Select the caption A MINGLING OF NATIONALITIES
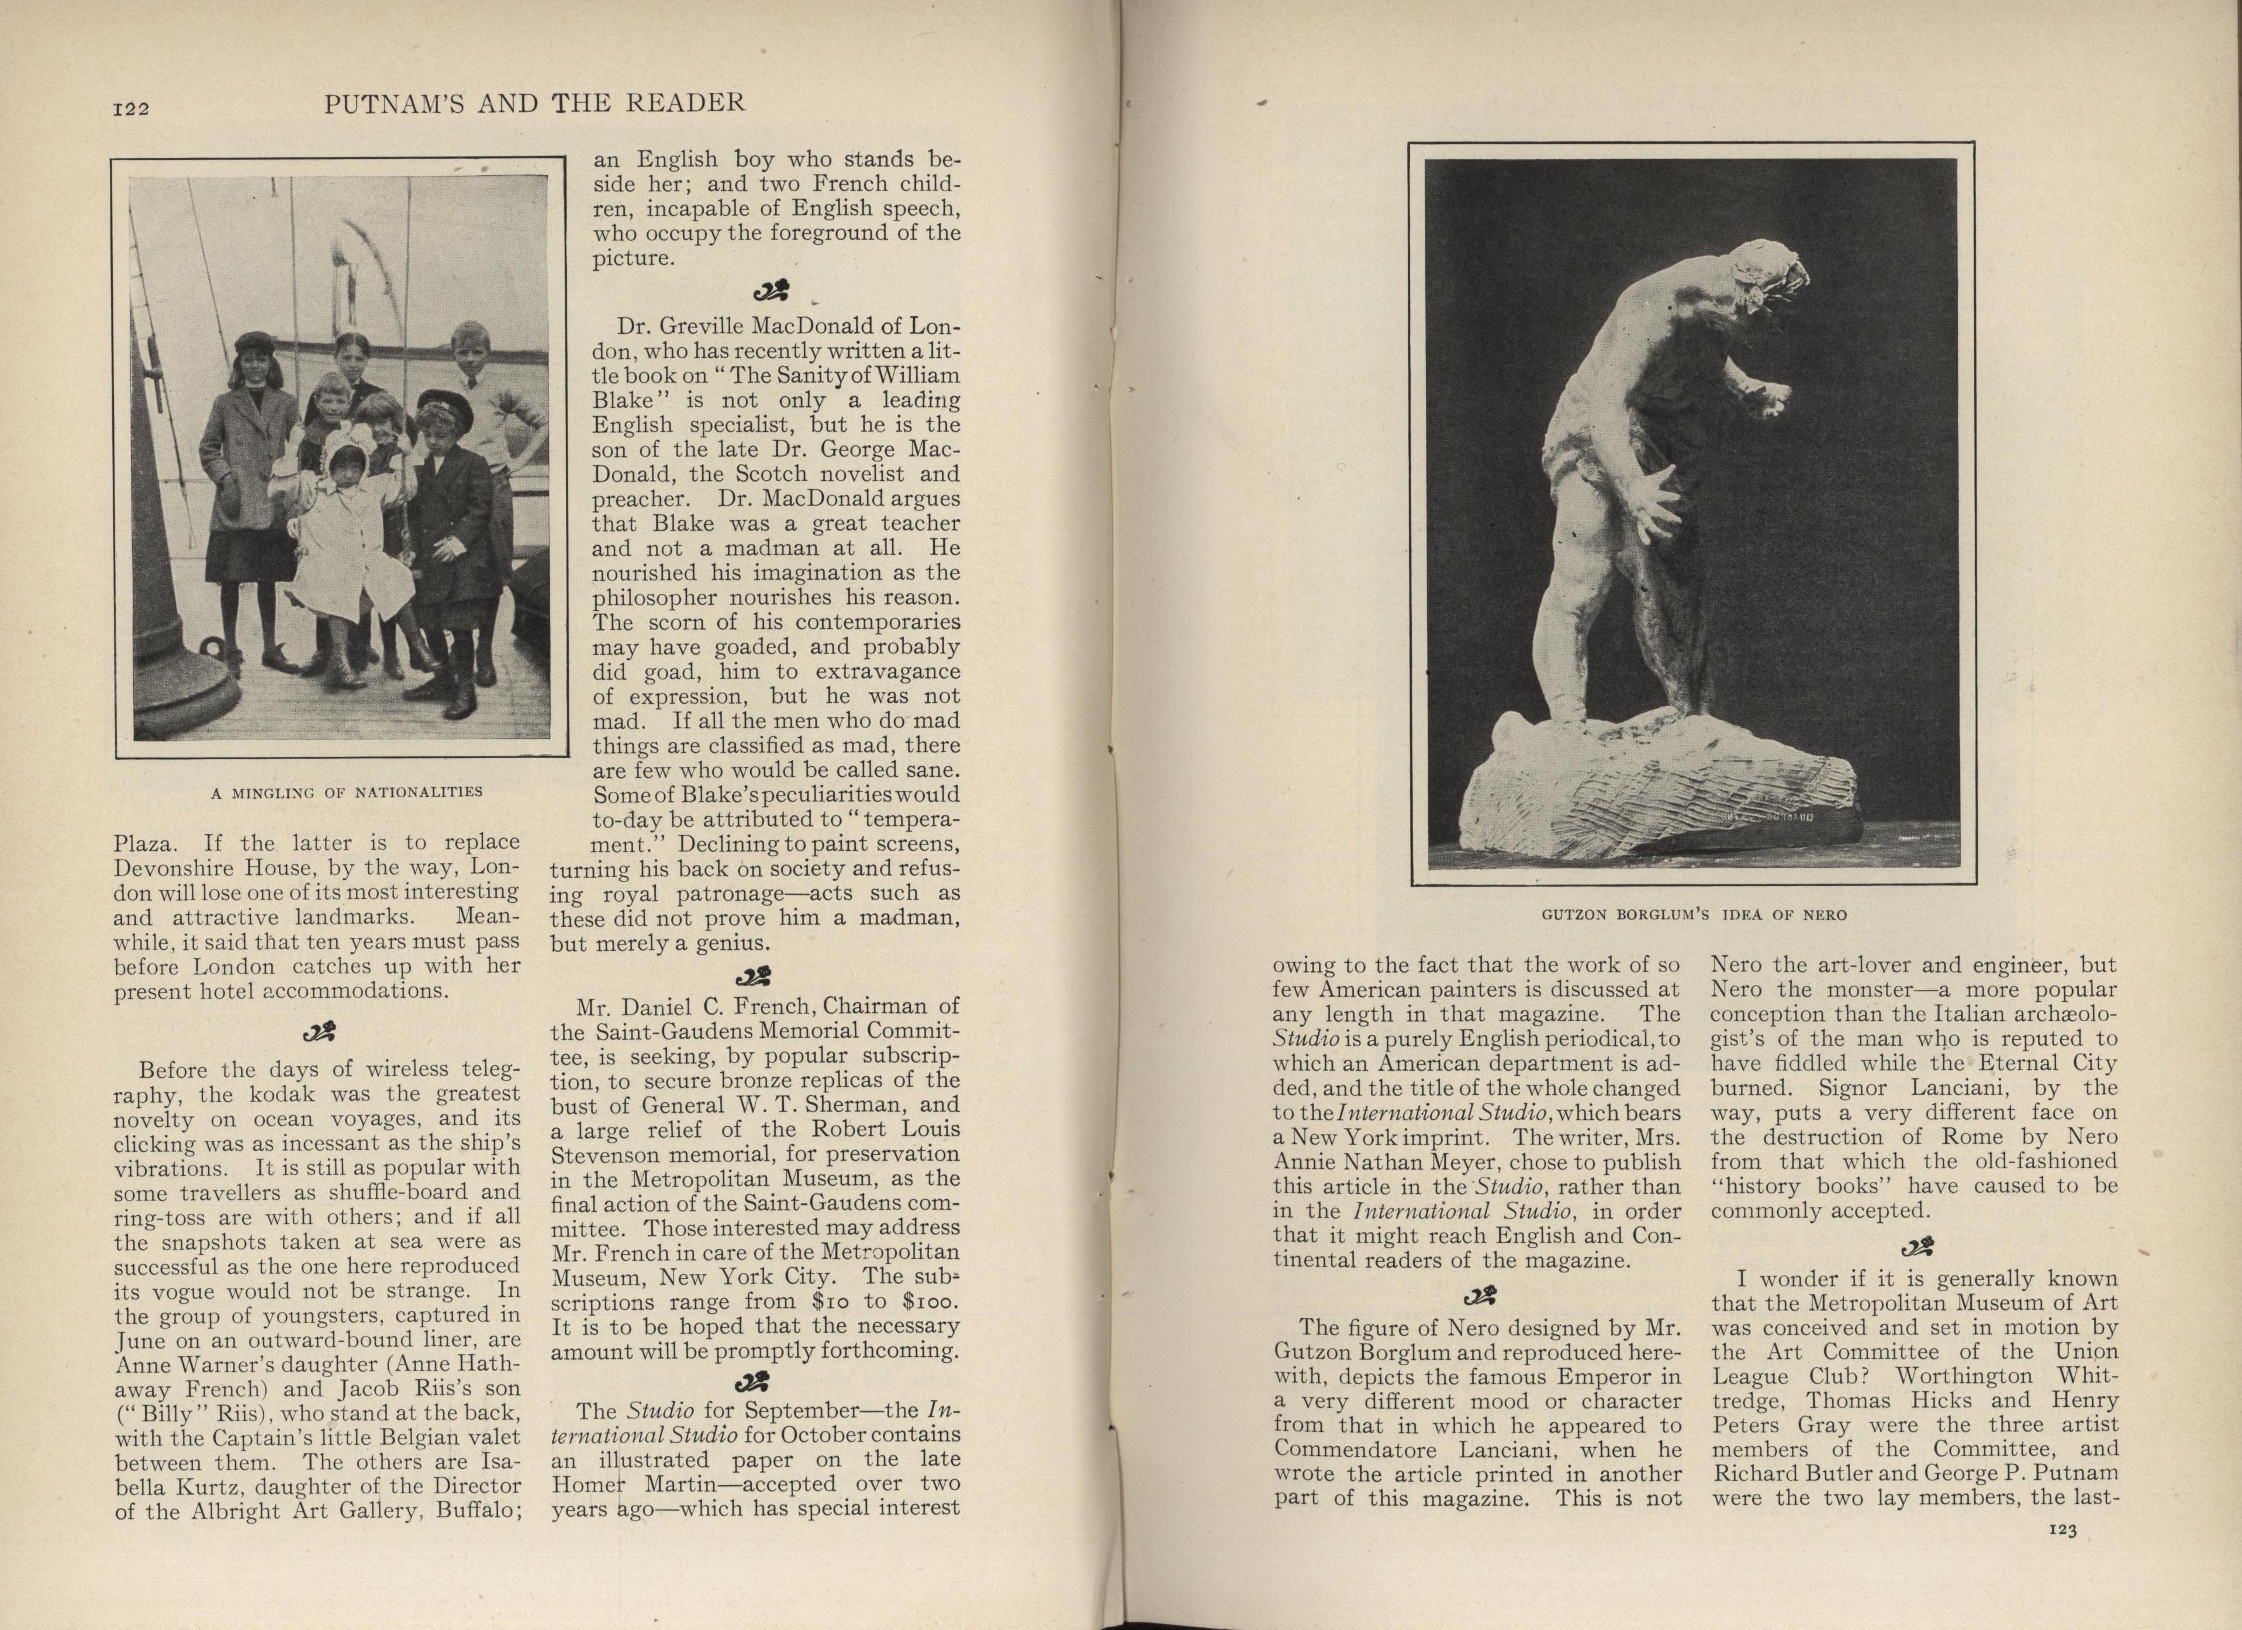[347, 792]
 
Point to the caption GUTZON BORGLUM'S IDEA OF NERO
[1694, 914]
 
